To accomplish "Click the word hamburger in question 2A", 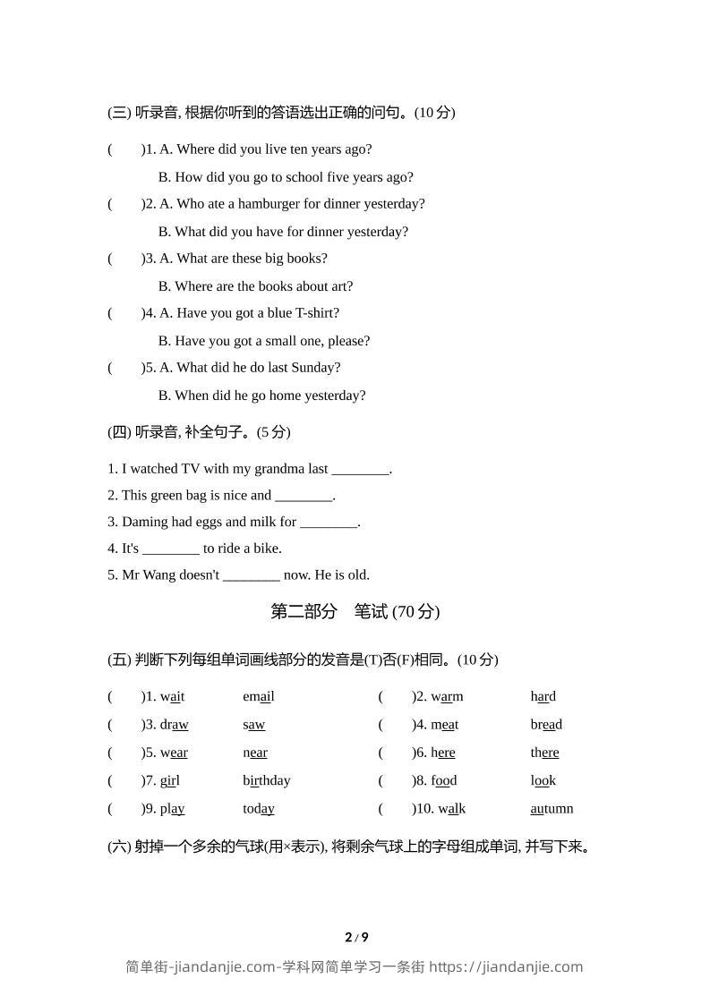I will [x=268, y=204].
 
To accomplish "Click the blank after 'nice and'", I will [x=304, y=496].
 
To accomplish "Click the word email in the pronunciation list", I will [x=259, y=697].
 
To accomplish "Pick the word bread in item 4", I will [x=546, y=725].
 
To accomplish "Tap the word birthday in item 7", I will [x=267, y=780].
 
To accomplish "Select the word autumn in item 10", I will [x=552, y=809].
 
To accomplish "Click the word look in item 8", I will [x=543, y=780].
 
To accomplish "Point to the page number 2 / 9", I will [x=356, y=938].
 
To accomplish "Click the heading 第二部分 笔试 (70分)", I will [x=355, y=612].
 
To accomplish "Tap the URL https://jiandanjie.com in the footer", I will [x=506, y=967].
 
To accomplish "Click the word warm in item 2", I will [x=447, y=697].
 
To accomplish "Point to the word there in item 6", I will [x=544, y=753].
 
